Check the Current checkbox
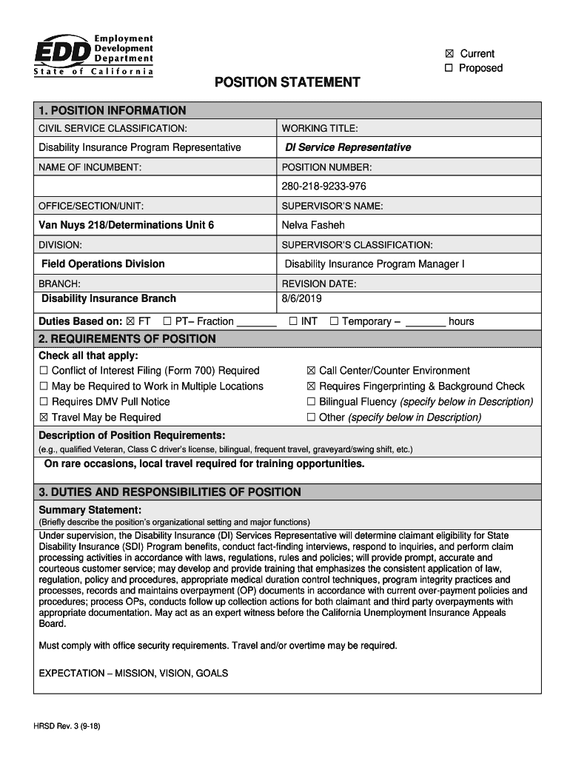pyautogui.click(x=449, y=53)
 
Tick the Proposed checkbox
pyautogui.click(x=449, y=68)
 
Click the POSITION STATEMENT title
pyautogui.click(x=287, y=82)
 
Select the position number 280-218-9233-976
pyautogui.click(x=323, y=186)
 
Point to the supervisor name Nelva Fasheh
pyautogui.click(x=313, y=225)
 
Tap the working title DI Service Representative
pyautogui.click(x=348, y=147)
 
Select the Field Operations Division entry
pyautogui.click(x=103, y=264)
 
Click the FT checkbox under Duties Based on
pyautogui.click(x=131, y=321)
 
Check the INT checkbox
pyautogui.click(x=294, y=321)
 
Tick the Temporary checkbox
pyautogui.click(x=335, y=321)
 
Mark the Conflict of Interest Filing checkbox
pyautogui.click(x=44, y=371)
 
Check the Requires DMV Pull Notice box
pyautogui.click(x=44, y=402)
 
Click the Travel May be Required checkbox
pyautogui.click(x=44, y=417)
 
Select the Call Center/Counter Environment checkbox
pyautogui.click(x=312, y=371)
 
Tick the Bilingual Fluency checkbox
pyautogui.click(x=312, y=402)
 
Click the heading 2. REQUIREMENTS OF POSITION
pyautogui.click(x=127, y=339)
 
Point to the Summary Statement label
pyautogui.click(x=90, y=510)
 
